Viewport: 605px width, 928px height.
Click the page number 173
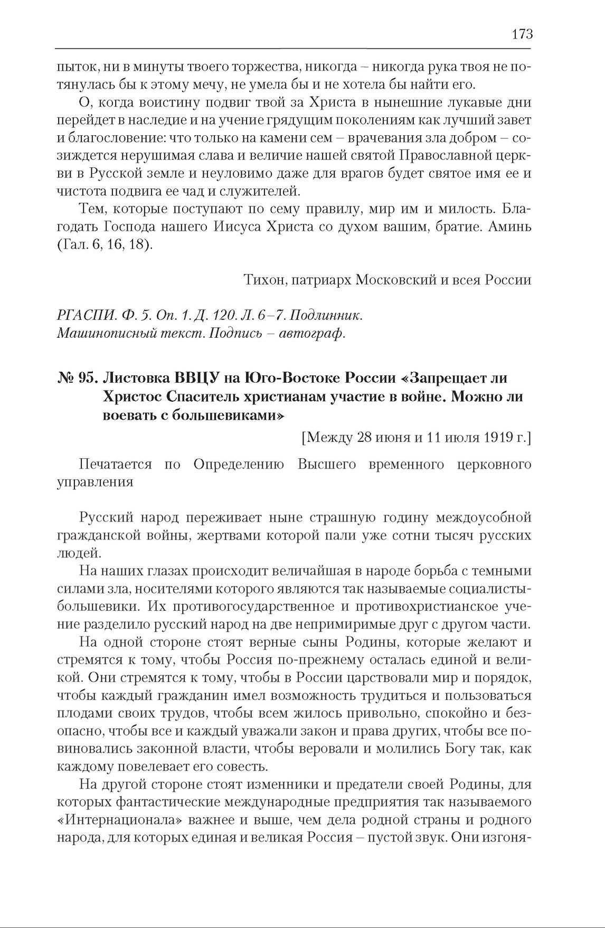pyautogui.click(x=522, y=34)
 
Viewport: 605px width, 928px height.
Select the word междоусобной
pyautogui.click(x=479, y=518)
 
